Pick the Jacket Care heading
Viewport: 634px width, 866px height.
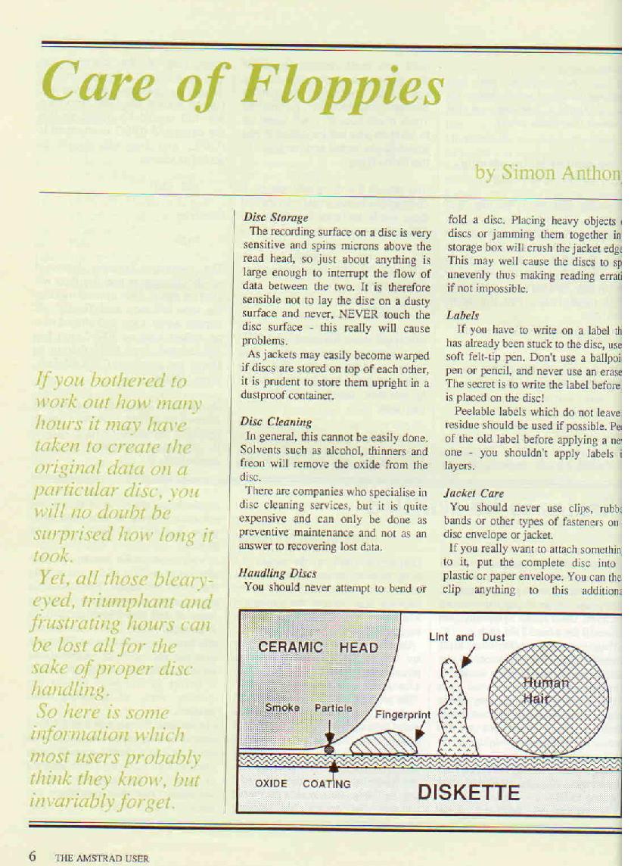474,493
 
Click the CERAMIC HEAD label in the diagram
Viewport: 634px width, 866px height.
318,647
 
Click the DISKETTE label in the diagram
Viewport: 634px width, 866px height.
469,793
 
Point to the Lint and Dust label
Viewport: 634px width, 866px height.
467,637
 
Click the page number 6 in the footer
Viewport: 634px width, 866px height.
33,856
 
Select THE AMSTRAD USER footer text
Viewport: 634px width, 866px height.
102,858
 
